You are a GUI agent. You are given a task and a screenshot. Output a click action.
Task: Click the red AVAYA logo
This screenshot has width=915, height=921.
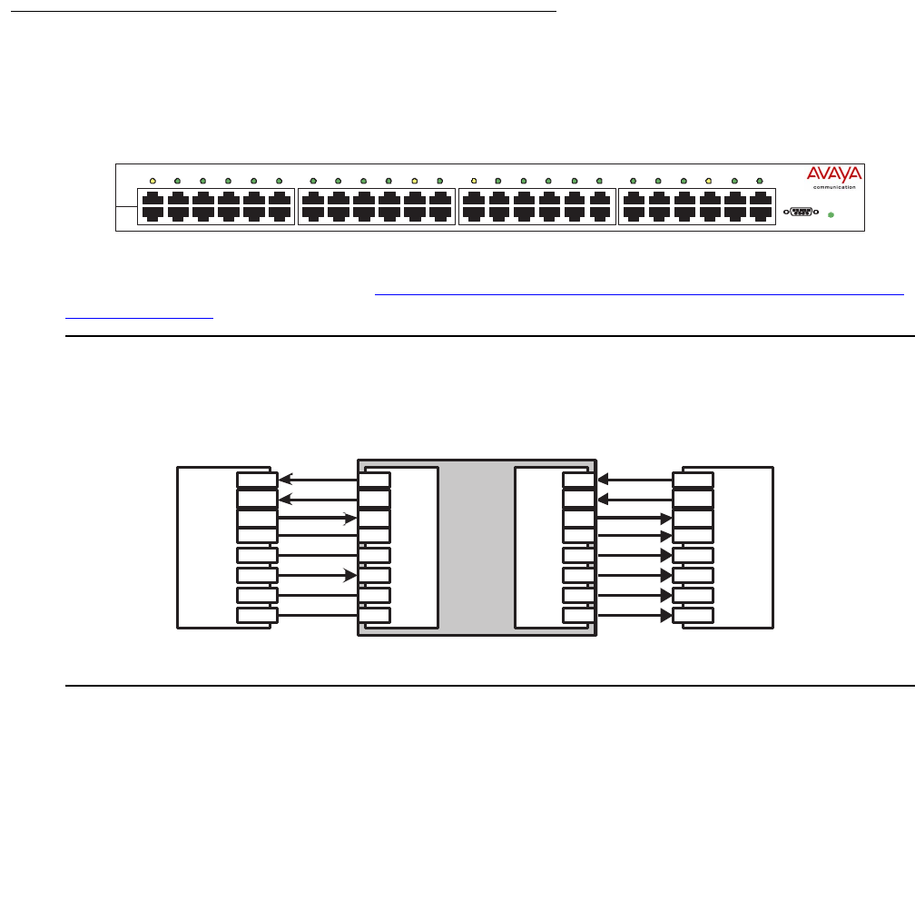tap(834, 174)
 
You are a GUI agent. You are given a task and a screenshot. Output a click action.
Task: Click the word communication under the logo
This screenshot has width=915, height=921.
tap(834, 187)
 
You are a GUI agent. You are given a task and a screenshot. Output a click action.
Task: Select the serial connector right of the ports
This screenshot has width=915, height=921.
tap(800, 213)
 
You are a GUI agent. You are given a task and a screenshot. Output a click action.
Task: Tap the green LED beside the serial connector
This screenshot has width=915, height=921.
tap(830, 214)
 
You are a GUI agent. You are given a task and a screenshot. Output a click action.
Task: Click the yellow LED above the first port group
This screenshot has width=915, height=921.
tap(152, 182)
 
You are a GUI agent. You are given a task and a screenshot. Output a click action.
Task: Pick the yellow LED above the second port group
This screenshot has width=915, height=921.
tap(414, 182)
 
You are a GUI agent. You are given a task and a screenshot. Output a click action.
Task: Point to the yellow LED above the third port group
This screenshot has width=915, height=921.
tap(474, 182)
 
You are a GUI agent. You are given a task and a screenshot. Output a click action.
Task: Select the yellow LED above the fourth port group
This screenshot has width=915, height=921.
tap(709, 182)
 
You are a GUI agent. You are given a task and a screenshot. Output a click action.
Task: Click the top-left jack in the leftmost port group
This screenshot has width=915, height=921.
tap(152, 199)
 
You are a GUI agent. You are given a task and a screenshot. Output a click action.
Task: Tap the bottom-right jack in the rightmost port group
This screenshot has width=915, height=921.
tap(761, 213)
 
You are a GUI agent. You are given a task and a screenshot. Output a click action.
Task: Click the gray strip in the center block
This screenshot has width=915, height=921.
tap(476, 545)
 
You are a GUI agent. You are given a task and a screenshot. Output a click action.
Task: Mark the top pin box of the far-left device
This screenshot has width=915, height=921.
tap(257, 480)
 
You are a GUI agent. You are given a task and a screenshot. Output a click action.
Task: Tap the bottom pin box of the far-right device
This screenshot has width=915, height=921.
tap(693, 615)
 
